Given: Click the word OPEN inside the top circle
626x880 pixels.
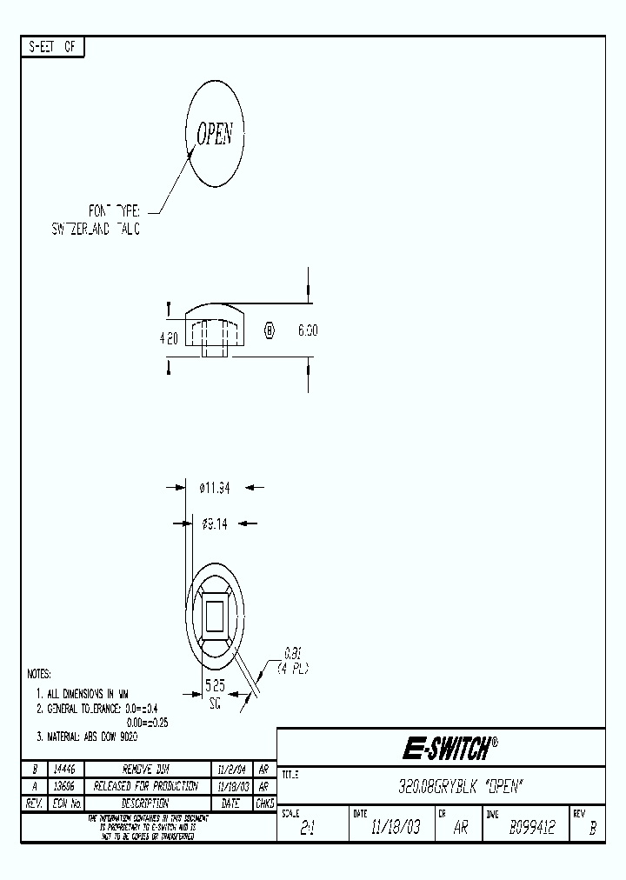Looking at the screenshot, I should pos(215,134).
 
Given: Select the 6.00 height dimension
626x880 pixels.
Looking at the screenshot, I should pos(308,330).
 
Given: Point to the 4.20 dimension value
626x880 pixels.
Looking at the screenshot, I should pos(169,338).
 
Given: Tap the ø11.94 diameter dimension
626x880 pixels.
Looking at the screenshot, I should pos(215,489).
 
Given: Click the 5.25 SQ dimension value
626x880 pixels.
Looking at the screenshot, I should pos(214,693).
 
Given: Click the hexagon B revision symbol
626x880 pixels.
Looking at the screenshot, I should pos(269,330).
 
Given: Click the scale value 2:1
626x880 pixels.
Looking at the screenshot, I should pos(307,829).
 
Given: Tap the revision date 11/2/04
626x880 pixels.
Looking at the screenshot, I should pos(231,770).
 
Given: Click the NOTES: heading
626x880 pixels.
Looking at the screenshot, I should pos(39,674).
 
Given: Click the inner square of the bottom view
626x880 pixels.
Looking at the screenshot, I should pos(215,617).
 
